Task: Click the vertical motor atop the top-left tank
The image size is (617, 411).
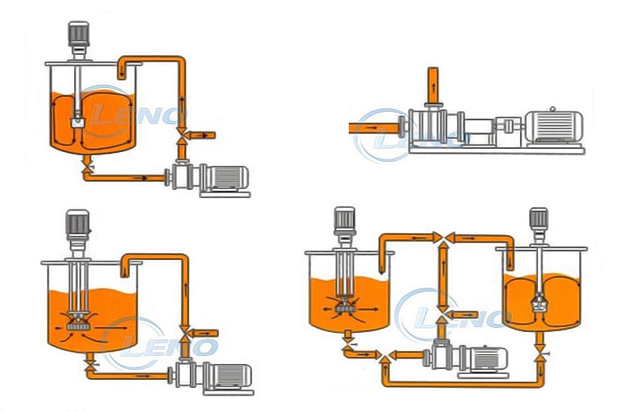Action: coord(78,35)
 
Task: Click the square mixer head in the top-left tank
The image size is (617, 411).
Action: coord(78,122)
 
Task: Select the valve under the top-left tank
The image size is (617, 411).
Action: coord(87,168)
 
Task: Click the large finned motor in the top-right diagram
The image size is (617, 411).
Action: coord(554,126)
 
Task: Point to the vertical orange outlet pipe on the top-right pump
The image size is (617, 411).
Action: coord(433,85)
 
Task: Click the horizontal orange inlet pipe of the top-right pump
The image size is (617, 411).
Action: coord(373,128)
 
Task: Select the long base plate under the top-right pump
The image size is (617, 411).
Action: coord(497,150)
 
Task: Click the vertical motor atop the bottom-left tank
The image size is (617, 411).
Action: coord(77,224)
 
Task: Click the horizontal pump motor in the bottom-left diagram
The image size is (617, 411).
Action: coord(228,376)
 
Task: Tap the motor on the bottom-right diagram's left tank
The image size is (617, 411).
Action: coord(345,221)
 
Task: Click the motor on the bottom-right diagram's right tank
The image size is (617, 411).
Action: coord(539,219)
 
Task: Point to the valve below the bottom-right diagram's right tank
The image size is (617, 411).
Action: coord(540,357)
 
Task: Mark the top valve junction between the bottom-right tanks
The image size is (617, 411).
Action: coord(443,238)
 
